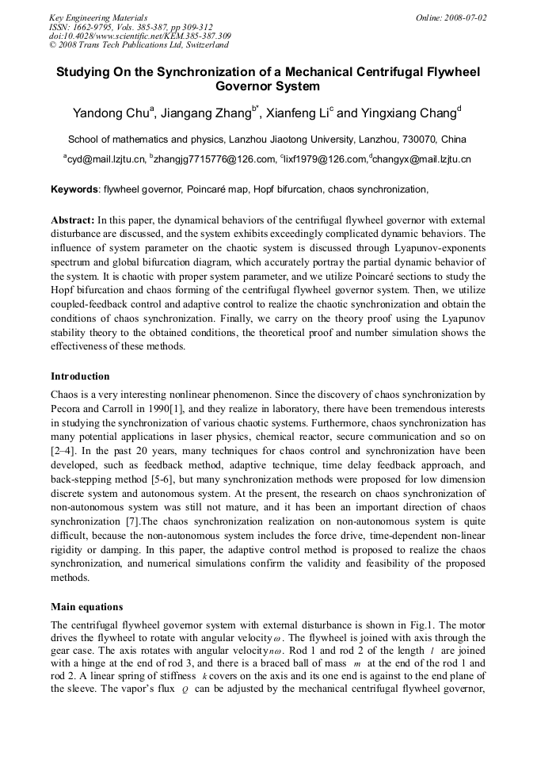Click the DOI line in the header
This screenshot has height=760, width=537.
[x=139, y=36]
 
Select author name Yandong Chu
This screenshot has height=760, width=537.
[x=111, y=113]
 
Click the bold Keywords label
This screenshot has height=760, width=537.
[x=74, y=189]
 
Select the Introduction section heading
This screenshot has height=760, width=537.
[x=80, y=376]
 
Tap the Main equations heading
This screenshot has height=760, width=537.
[x=86, y=607]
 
